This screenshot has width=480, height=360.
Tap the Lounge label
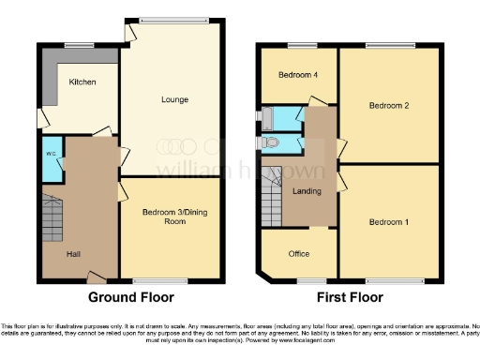click(x=174, y=99)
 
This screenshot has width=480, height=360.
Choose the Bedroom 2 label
click(x=388, y=106)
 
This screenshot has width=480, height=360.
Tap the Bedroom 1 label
click(x=388, y=222)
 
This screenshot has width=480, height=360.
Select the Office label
click(x=299, y=253)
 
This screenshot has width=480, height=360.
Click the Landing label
click(x=307, y=191)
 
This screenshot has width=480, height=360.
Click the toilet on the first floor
click(x=274, y=142)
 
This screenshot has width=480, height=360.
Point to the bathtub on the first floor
click(x=279, y=119)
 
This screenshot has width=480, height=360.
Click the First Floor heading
click(x=350, y=299)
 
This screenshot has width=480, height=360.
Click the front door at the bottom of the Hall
click(x=95, y=277)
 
